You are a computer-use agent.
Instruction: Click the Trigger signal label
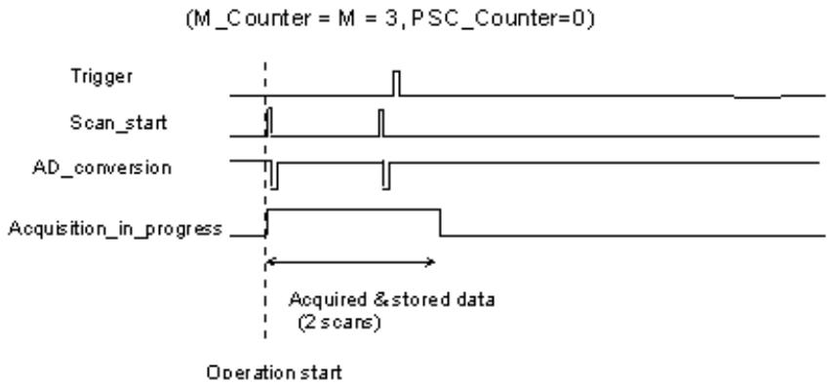coord(101,77)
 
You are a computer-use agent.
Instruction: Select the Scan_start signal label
coord(118,123)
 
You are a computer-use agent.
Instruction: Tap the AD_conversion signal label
coord(101,168)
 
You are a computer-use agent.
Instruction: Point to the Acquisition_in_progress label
coord(114,229)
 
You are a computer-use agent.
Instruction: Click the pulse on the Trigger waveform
coord(396,83)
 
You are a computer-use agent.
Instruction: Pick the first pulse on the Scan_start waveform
coord(269,122)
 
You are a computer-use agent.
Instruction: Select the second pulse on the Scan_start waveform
coord(380,123)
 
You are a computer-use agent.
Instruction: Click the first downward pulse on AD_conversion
coord(274,174)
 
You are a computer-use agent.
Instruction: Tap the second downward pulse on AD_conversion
coord(386,174)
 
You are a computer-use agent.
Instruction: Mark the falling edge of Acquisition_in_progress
coord(440,223)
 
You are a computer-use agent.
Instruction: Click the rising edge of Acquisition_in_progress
coord(267,223)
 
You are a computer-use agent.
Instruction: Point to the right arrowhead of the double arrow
coord(431,261)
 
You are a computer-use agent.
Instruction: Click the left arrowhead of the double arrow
coord(270,261)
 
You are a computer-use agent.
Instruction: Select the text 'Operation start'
coord(274,372)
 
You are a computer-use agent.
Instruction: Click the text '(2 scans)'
coord(339,323)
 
